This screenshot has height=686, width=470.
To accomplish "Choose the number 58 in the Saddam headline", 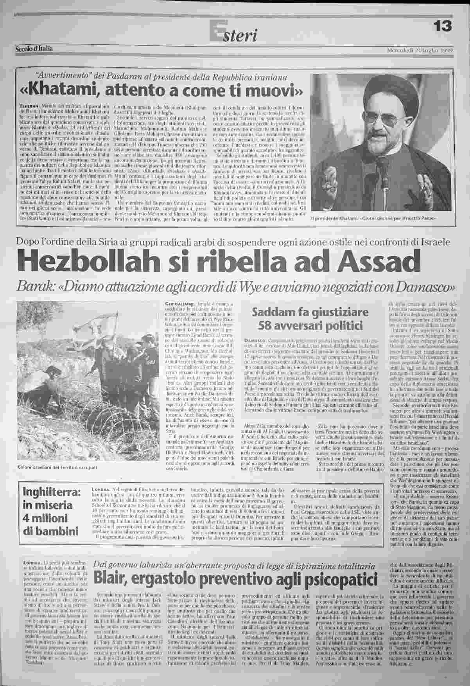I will (x=266, y=326).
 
